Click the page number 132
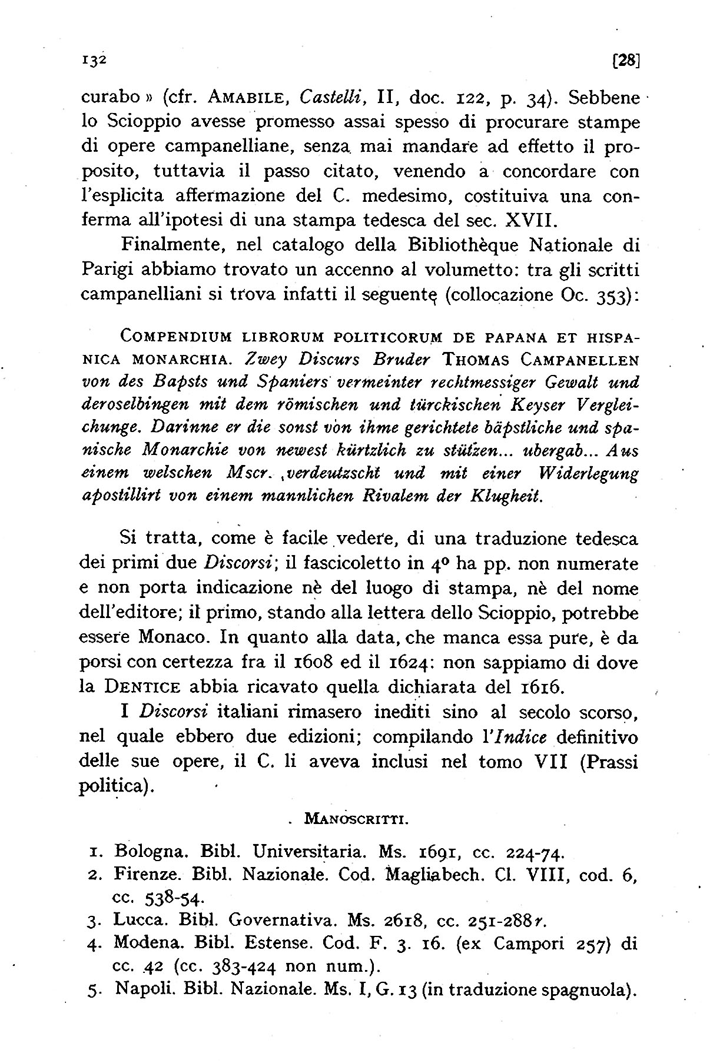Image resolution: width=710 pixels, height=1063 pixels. (91, 59)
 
